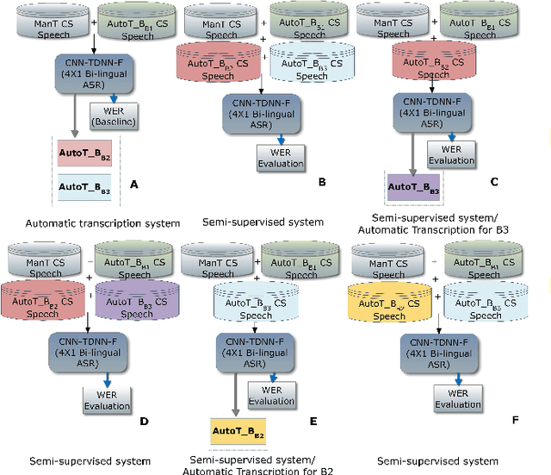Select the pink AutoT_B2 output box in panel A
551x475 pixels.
click(85, 154)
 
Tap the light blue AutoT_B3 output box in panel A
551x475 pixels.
click(85, 185)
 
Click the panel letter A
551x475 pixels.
click(133, 184)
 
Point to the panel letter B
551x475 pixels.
click(320, 182)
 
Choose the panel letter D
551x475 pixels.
click(144, 421)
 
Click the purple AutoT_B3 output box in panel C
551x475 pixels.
click(412, 186)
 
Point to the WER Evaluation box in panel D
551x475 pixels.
click(107, 399)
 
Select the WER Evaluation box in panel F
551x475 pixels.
click(458, 398)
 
